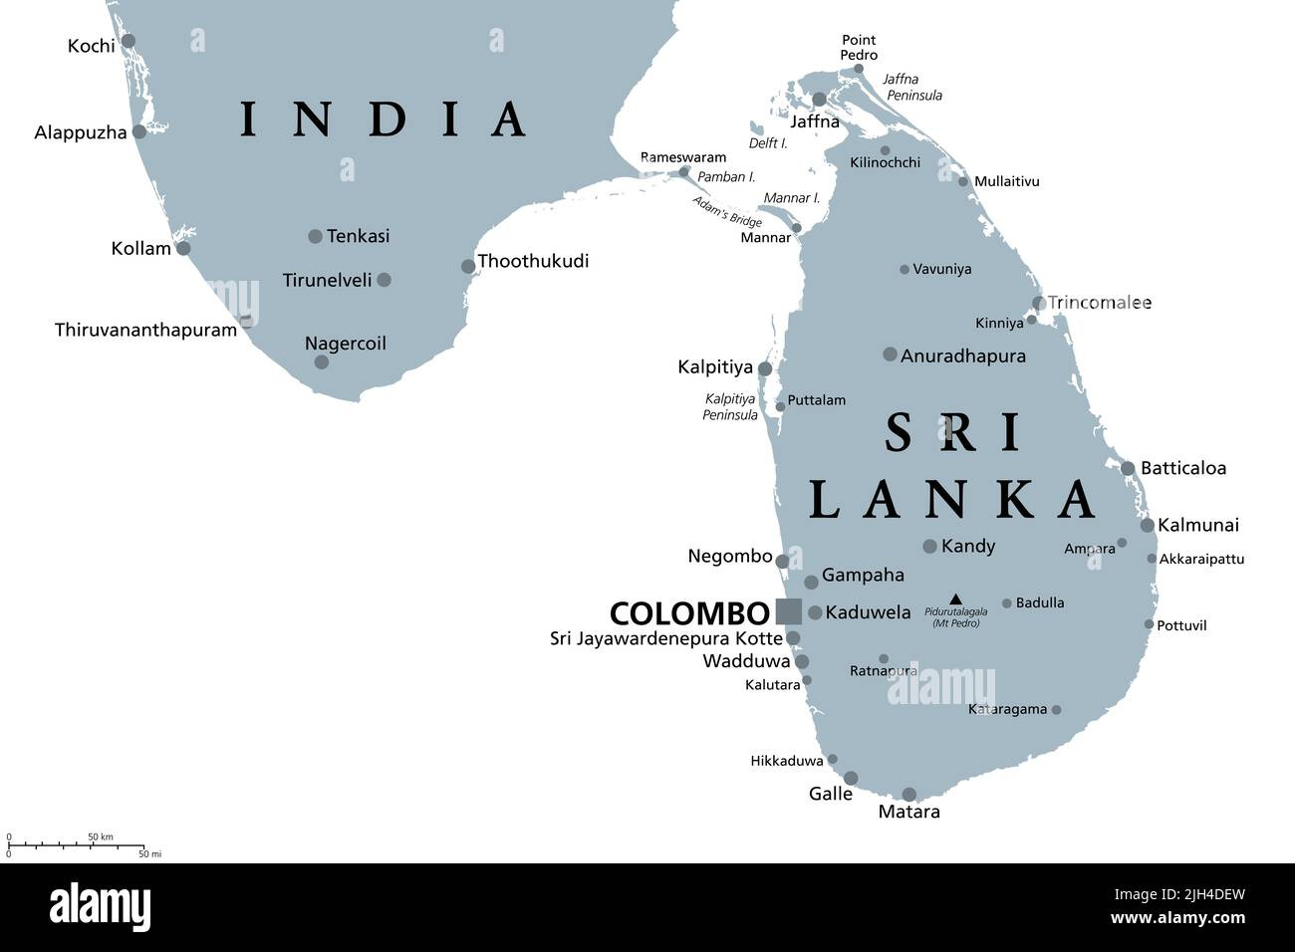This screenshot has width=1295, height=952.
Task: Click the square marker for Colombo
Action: (788, 611)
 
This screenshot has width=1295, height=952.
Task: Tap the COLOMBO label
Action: (689, 612)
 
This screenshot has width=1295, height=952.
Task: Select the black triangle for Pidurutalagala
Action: (955, 599)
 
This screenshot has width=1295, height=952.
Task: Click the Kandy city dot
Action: (929, 546)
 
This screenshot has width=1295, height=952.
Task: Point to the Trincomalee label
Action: (1100, 302)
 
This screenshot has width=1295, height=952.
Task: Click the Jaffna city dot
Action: (819, 100)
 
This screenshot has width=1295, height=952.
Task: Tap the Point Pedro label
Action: (859, 48)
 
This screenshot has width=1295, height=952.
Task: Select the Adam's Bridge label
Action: (728, 211)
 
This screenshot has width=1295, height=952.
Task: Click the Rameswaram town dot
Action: (683, 172)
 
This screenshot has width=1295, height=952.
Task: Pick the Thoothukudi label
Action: (533, 261)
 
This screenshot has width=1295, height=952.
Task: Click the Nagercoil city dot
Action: (321, 361)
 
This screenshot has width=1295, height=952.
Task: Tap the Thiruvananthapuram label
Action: (145, 330)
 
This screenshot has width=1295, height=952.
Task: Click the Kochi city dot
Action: (129, 41)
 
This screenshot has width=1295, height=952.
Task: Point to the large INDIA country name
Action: (384, 119)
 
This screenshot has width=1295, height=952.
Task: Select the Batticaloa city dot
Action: (1128, 468)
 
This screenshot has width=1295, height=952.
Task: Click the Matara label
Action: (908, 812)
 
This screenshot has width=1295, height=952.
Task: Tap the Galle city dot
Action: (851, 778)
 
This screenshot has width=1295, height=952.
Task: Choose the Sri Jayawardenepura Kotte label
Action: (666, 638)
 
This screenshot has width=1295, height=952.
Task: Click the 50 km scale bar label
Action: (101, 835)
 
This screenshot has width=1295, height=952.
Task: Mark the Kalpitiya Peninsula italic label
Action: (730, 406)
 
